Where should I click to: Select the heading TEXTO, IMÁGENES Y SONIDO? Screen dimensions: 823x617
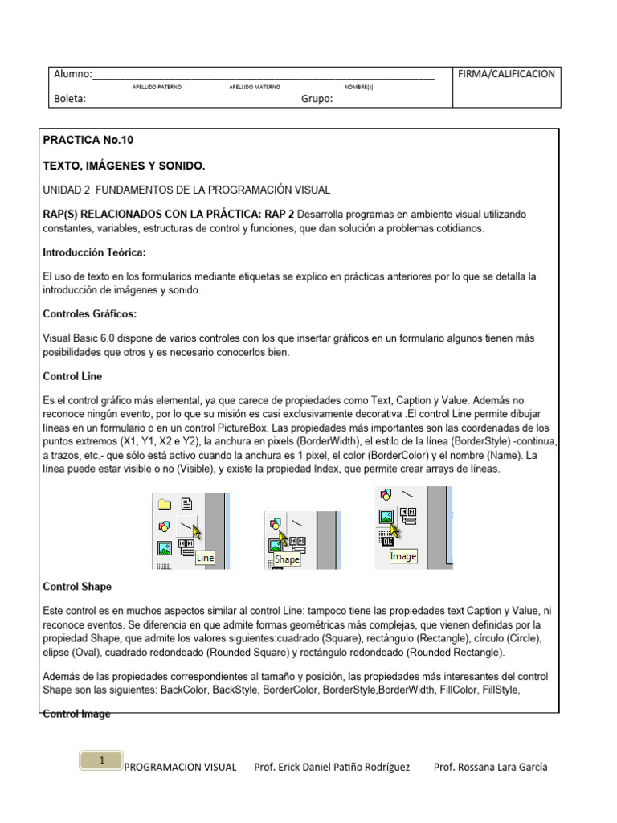click(x=124, y=166)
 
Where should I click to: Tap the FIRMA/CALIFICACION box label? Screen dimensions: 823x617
click(x=505, y=74)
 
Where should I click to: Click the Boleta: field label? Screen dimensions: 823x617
click(x=69, y=99)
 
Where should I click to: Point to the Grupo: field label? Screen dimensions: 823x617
click(x=317, y=99)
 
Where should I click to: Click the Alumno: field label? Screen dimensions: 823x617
click(x=72, y=74)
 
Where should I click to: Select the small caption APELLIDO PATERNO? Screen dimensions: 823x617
click(x=157, y=86)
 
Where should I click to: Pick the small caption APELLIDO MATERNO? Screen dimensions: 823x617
click(x=255, y=86)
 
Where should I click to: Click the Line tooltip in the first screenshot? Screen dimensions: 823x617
click(x=206, y=557)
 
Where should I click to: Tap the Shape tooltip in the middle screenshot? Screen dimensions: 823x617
click(x=287, y=559)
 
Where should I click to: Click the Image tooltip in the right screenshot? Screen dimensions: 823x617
click(x=403, y=556)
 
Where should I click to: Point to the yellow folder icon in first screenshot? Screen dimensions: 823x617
click(x=165, y=505)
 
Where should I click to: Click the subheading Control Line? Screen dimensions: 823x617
click(x=72, y=376)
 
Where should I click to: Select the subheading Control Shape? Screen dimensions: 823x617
click(x=77, y=587)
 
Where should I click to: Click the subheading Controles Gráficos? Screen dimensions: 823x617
click(x=89, y=313)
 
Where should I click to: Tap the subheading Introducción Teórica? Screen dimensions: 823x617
click(x=94, y=252)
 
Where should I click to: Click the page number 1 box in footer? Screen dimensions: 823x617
click(x=101, y=760)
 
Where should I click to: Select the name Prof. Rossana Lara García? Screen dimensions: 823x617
click(x=490, y=767)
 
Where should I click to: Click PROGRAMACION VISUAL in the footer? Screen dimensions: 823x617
click(x=180, y=767)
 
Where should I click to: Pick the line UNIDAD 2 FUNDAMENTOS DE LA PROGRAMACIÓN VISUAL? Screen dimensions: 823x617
click(x=186, y=190)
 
